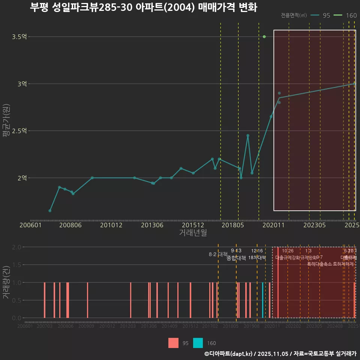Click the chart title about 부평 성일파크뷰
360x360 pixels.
point(143,8)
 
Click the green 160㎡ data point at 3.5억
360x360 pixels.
point(264,37)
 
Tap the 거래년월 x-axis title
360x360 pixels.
point(193,233)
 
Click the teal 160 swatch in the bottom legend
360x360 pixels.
point(198,343)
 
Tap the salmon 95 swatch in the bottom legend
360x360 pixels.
point(173,343)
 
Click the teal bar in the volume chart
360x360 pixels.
point(262,300)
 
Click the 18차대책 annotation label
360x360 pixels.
point(257,258)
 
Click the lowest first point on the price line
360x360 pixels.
point(50,211)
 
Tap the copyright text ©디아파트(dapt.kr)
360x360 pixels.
point(228,354)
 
